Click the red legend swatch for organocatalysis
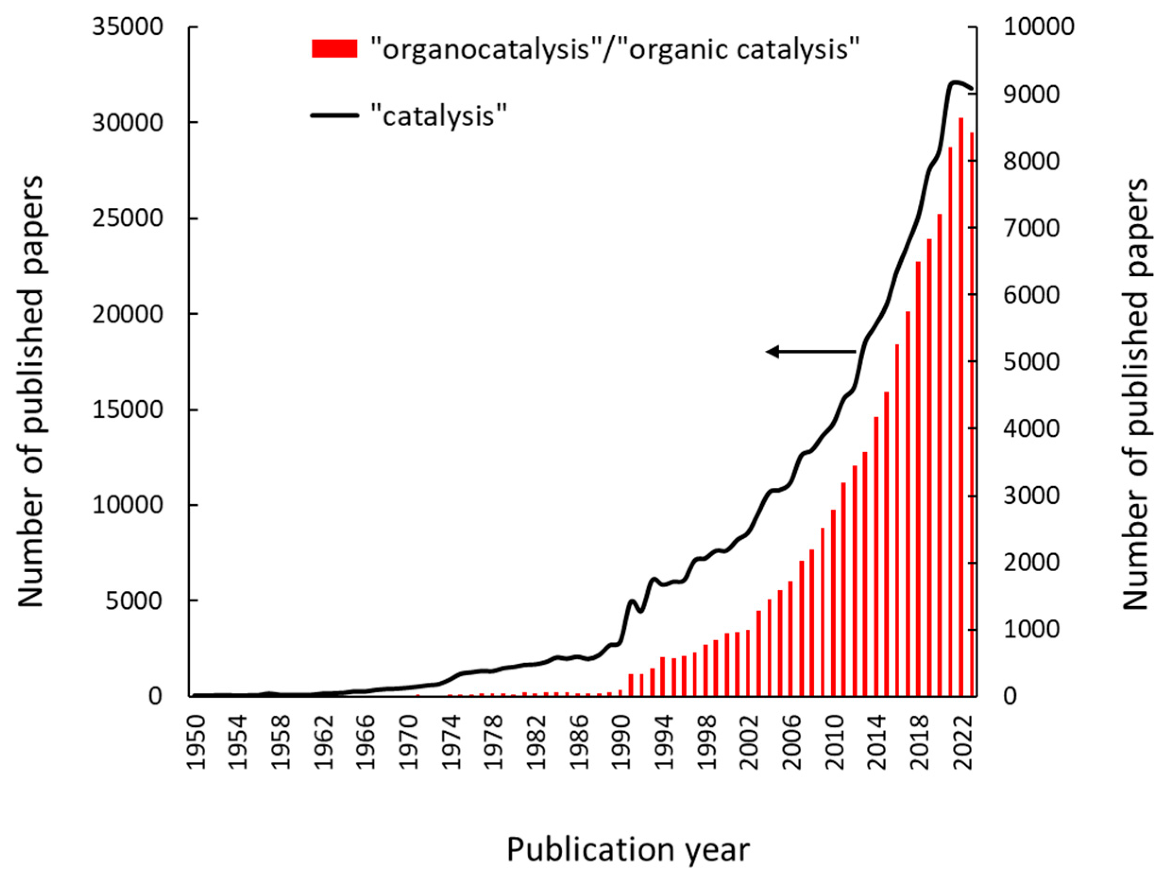334,49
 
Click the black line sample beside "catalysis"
334,115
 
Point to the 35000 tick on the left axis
127,27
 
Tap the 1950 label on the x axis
197,742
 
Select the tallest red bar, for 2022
961,407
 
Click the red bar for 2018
918,478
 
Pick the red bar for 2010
833,602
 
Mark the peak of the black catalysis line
954,82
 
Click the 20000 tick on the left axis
127,314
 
